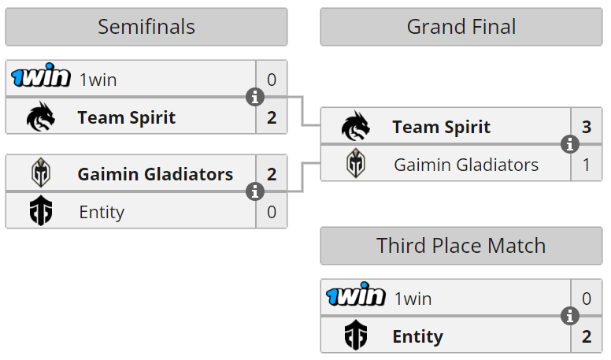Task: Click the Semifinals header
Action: pyautogui.click(x=146, y=27)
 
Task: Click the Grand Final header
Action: pyautogui.click(x=461, y=27)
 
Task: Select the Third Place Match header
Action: pyautogui.click(x=461, y=246)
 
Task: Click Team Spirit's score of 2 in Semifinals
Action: pyautogui.click(x=272, y=118)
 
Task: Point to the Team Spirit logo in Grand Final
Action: pyautogui.click(x=356, y=127)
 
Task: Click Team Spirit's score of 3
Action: pyautogui.click(x=586, y=127)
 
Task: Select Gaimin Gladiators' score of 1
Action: pyautogui.click(x=586, y=165)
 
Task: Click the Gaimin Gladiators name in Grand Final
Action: pyautogui.click(x=466, y=165)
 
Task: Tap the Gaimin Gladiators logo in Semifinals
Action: pyautogui.click(x=41, y=173)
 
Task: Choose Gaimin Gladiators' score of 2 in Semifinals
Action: pyautogui.click(x=272, y=174)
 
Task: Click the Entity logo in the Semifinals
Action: pyautogui.click(x=41, y=211)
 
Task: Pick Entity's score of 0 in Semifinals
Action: pyautogui.click(x=272, y=211)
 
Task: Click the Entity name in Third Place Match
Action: pyautogui.click(x=417, y=336)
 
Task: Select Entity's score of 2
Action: pyautogui.click(x=586, y=336)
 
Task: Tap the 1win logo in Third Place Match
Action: pyautogui.click(x=356, y=297)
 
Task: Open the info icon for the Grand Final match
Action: pyautogui.click(x=570, y=145)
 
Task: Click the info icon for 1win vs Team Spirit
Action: pyautogui.click(x=254, y=98)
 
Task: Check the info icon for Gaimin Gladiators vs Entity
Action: pyautogui.click(x=254, y=192)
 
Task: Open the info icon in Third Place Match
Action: pyautogui.click(x=570, y=317)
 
